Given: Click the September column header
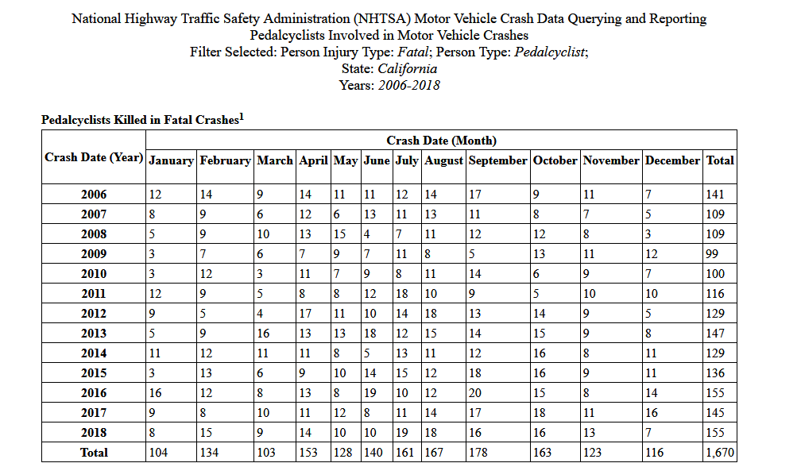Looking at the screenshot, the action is point(497,160).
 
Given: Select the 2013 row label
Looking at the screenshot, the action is point(94,334).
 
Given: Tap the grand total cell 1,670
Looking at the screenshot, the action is point(720,453).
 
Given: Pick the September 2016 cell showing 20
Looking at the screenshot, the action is point(475,393).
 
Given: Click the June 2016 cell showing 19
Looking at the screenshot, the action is point(370,393).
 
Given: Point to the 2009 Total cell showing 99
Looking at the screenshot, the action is point(712,253).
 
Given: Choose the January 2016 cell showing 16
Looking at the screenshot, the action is point(155,393).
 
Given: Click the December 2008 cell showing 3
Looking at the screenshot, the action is point(648,234).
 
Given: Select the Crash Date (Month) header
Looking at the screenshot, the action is point(441,141).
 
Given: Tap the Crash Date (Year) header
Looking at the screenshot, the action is point(94,157).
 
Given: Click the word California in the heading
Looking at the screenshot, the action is point(407,69).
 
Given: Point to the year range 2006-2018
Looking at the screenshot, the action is point(408,85).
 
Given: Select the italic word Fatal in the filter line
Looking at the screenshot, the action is point(412,52).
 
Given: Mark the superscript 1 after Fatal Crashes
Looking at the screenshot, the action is point(242,117).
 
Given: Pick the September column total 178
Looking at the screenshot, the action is point(478,453).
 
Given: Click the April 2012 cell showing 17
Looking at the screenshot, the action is point(305,314).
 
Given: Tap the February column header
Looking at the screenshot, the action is point(225,160).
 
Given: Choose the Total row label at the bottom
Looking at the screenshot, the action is point(94,453).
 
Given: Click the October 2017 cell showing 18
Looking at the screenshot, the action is point(539,413).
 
